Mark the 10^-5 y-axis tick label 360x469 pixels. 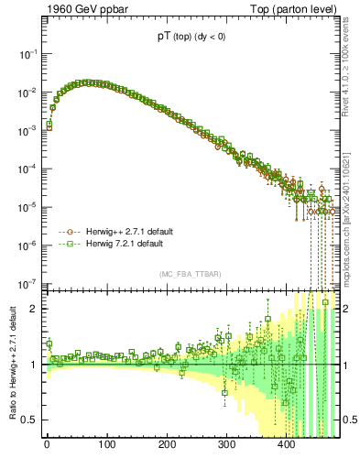point(27,207)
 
